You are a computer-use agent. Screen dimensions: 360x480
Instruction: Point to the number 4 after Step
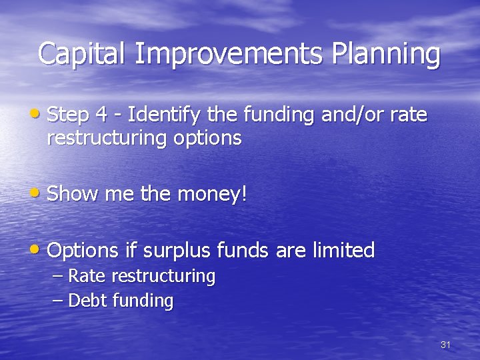click(102, 115)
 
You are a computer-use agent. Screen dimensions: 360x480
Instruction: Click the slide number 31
click(446, 345)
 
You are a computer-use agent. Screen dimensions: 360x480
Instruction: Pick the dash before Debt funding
click(58, 301)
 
